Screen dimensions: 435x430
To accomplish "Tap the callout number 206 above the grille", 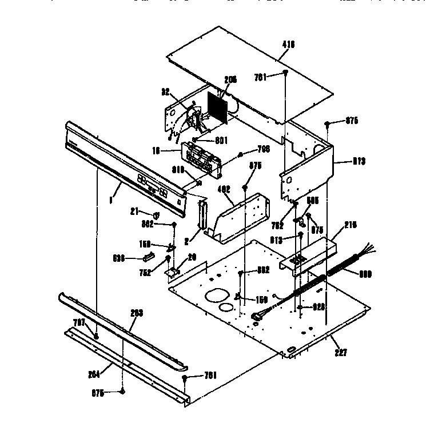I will (230, 80).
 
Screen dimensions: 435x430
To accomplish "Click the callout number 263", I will (136, 313).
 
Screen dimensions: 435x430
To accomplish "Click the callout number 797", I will (78, 323).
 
